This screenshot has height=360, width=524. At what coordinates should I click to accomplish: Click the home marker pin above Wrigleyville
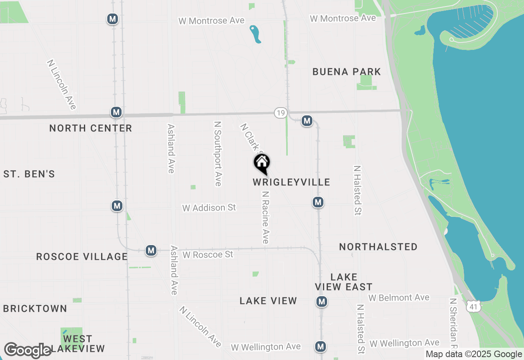pos(262,164)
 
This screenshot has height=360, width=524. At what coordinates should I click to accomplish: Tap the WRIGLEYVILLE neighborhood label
pos(291,182)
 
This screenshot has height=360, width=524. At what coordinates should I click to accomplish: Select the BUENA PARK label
pos(346,72)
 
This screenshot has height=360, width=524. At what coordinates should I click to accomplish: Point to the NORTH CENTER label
pos(90,128)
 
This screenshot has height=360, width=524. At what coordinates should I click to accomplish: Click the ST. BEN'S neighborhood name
pos(29,174)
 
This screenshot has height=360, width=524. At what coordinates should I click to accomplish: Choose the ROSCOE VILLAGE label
pos(82,256)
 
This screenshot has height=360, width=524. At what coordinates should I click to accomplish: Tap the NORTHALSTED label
pos(378,247)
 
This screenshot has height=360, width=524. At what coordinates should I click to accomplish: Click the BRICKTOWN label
pos(35,308)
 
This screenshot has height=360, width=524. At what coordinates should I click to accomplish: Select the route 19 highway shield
pos(280,113)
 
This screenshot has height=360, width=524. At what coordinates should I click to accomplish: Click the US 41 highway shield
pos(473,306)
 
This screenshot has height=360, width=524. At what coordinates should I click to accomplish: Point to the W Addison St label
pos(209,208)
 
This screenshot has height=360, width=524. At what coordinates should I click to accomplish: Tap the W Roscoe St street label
pos(208,254)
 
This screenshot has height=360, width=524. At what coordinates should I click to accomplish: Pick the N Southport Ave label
pos(218,153)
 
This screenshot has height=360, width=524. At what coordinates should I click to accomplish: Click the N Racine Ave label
pos(266,217)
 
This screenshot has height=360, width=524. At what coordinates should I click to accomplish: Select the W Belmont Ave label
pos(399,298)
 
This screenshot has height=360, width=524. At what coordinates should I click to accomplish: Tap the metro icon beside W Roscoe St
pos(151,250)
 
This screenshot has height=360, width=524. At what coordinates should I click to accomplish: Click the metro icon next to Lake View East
pos(322,302)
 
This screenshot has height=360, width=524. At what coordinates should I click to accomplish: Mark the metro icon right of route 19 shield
pos(307,121)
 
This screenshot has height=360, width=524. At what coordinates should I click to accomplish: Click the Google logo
pos(28,351)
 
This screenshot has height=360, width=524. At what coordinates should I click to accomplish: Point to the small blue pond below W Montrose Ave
pos(255,34)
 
